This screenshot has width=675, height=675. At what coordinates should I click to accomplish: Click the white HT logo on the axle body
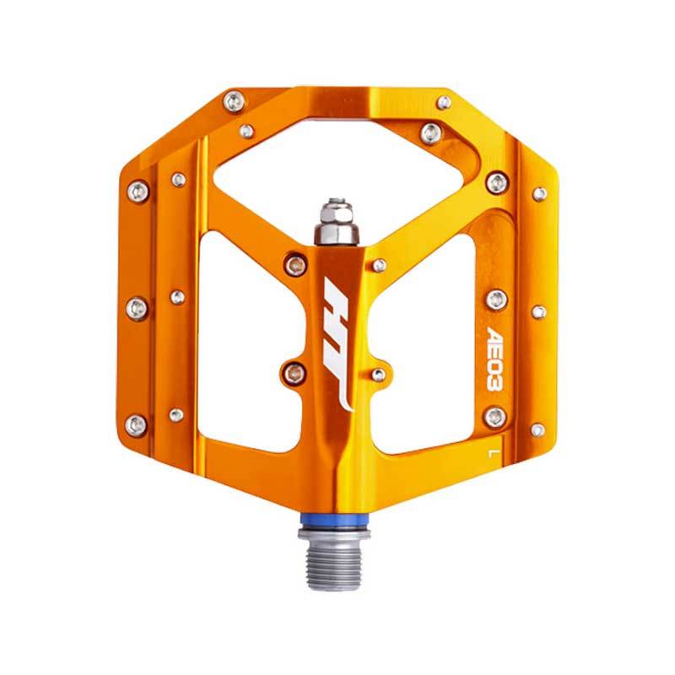(x=338, y=344)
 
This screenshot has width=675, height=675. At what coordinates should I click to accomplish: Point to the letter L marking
(x=491, y=453)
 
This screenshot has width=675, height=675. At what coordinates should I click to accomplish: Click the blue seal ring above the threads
(x=333, y=523)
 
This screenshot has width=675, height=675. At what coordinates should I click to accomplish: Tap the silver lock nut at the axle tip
(x=337, y=222)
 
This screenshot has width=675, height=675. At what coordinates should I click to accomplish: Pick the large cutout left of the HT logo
(x=254, y=340)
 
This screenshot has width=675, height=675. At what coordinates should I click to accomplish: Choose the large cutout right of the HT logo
(x=424, y=344)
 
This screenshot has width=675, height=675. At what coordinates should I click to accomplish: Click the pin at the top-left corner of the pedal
(x=235, y=102)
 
